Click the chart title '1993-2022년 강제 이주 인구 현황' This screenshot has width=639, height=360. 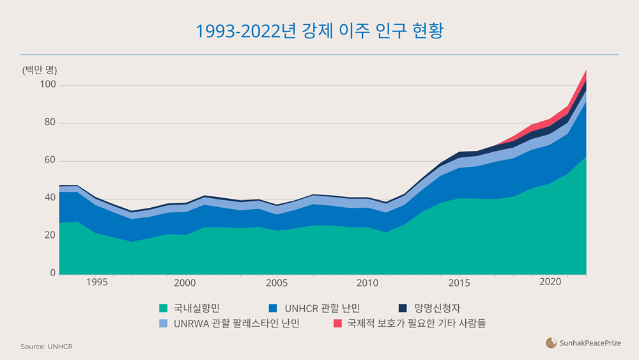coord(319,31)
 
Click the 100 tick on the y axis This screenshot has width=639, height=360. coord(49,85)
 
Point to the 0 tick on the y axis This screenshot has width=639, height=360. coord(53,273)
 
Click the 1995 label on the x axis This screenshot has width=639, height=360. coord(96,283)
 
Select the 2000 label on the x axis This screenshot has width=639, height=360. coord(185,283)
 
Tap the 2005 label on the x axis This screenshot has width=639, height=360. coord(277,283)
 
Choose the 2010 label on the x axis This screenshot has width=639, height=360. coord(367,283)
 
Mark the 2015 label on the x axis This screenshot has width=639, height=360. coord(458,283)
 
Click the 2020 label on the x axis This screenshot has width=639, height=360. coord(550,283)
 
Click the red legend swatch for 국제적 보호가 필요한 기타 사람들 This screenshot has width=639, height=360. coord(337,324)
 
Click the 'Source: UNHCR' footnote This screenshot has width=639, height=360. coord(47,347)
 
